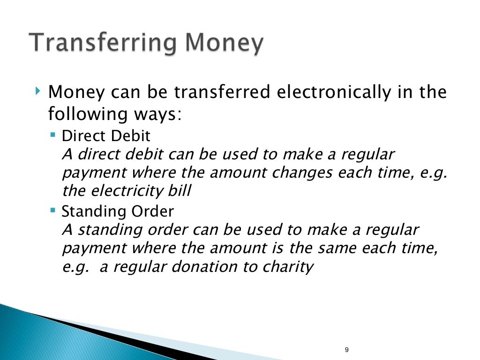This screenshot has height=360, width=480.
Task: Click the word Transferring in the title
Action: click(101, 44)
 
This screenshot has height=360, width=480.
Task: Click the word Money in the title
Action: click(223, 44)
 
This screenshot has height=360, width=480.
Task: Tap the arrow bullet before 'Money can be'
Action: click(37, 89)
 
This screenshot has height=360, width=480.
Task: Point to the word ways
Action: click(156, 114)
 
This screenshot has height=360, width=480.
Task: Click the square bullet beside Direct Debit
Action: click(52, 135)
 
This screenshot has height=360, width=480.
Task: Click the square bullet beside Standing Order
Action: click(52, 210)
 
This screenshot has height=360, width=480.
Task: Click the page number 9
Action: click(346, 350)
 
